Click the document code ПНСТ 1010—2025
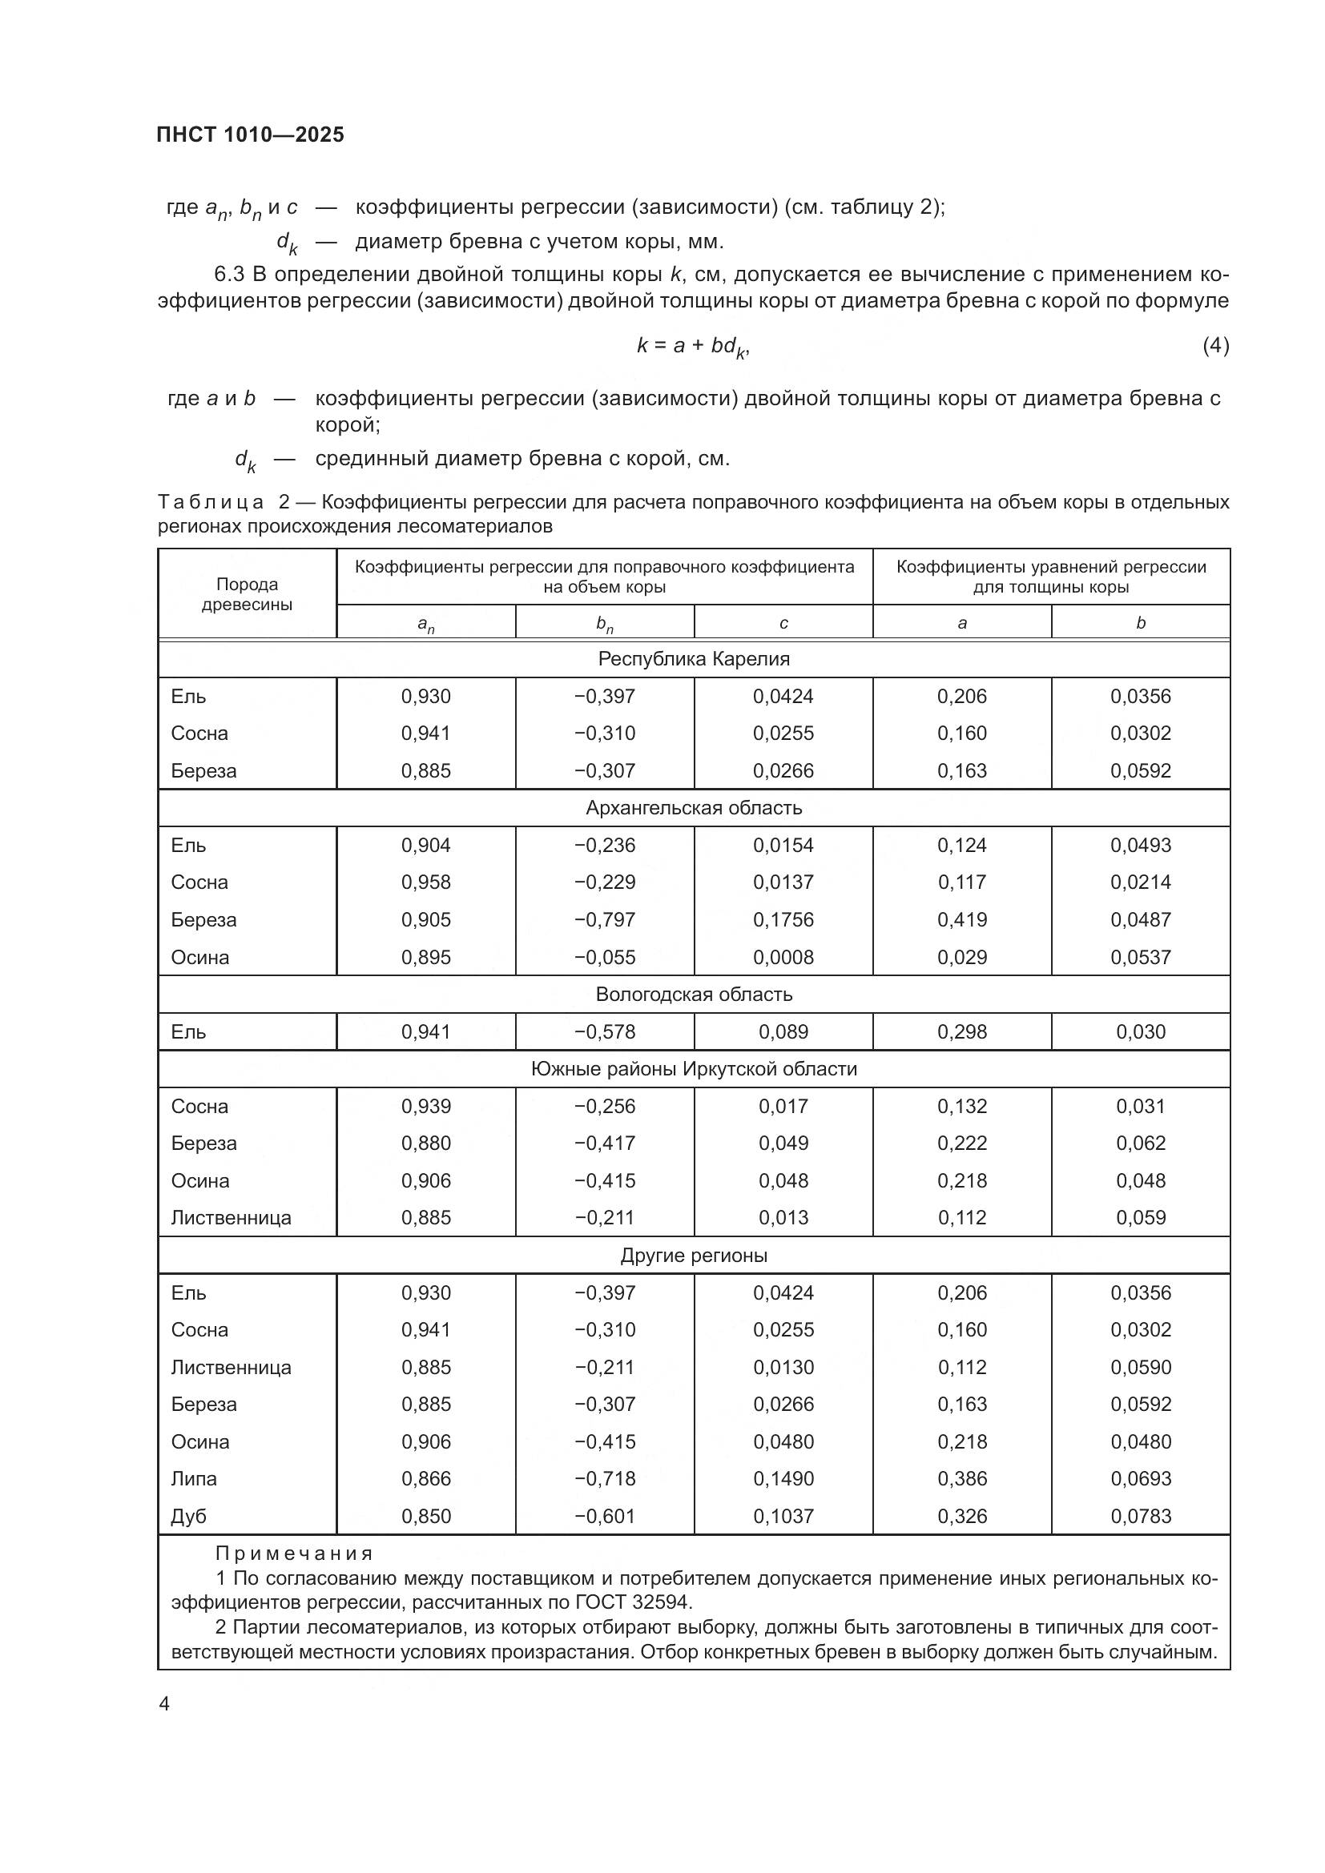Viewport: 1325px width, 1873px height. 251,135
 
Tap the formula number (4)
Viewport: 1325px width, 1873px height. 1215,346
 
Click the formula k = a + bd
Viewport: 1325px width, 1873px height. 692,347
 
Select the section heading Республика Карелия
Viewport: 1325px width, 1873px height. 694,659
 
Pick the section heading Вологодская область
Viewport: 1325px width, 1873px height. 694,995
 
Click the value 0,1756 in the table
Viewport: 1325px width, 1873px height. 783,920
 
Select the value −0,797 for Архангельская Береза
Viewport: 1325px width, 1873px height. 605,920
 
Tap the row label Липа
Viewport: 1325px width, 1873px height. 194,1479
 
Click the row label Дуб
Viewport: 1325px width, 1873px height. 188,1517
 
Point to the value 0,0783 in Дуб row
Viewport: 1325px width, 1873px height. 1140,1517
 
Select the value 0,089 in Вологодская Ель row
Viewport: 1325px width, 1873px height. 783,1032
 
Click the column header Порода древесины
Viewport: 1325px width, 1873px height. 248,595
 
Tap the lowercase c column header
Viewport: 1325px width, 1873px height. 783,623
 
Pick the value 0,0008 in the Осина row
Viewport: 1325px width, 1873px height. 783,958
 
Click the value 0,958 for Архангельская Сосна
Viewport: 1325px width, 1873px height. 426,882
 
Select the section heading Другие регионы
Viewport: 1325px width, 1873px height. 694,1256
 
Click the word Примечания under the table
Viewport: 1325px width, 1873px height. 295,1554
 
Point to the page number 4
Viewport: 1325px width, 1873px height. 164,1704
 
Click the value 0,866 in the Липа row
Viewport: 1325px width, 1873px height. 426,1479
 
